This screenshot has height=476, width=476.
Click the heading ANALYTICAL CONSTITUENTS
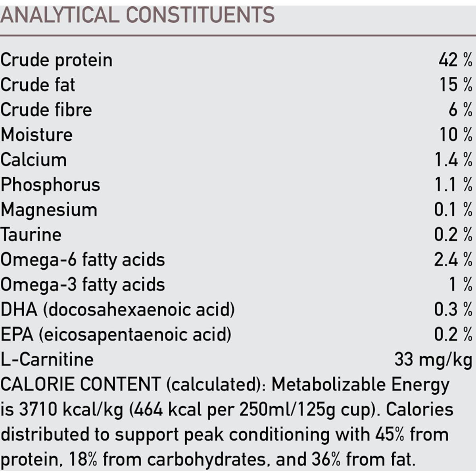(x=137, y=15)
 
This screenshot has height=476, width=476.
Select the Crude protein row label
(x=56, y=60)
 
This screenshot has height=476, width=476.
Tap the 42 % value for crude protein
(x=455, y=60)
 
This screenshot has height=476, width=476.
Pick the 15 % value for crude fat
(x=456, y=85)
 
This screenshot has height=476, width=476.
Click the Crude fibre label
(x=46, y=110)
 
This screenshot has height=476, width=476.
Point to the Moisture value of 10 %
(x=456, y=135)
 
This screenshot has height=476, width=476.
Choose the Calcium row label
(x=34, y=160)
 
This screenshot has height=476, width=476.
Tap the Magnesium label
(x=49, y=210)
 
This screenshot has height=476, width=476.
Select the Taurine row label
(x=31, y=234)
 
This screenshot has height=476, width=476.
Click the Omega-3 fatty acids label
(x=83, y=285)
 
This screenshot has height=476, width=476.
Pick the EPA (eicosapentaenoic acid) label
(x=115, y=335)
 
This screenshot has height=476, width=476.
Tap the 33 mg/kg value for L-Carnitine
(x=433, y=360)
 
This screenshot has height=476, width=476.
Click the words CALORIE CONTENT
(x=81, y=384)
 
